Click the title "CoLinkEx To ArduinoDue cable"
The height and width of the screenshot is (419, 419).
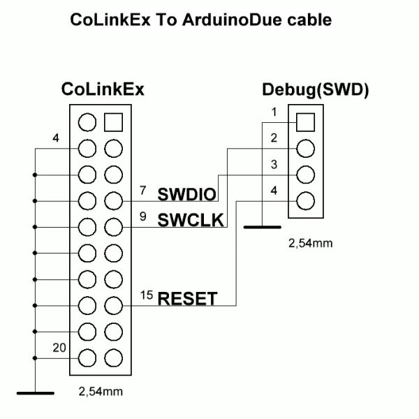(200, 20)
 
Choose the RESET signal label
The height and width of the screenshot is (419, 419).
(187, 299)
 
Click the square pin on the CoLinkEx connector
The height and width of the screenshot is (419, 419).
(112, 122)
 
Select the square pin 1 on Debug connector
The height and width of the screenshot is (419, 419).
(305, 122)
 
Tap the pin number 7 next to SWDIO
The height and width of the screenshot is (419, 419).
(143, 190)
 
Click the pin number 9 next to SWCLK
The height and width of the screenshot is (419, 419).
(143, 216)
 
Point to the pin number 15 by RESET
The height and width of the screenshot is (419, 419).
(145, 295)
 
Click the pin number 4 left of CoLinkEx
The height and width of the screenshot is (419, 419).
(55, 138)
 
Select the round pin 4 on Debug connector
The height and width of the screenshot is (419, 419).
(305, 201)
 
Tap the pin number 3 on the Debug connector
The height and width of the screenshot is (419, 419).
(274, 163)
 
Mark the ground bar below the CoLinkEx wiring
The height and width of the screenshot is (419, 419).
(35, 393)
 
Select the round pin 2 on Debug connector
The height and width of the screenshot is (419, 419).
(305, 149)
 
